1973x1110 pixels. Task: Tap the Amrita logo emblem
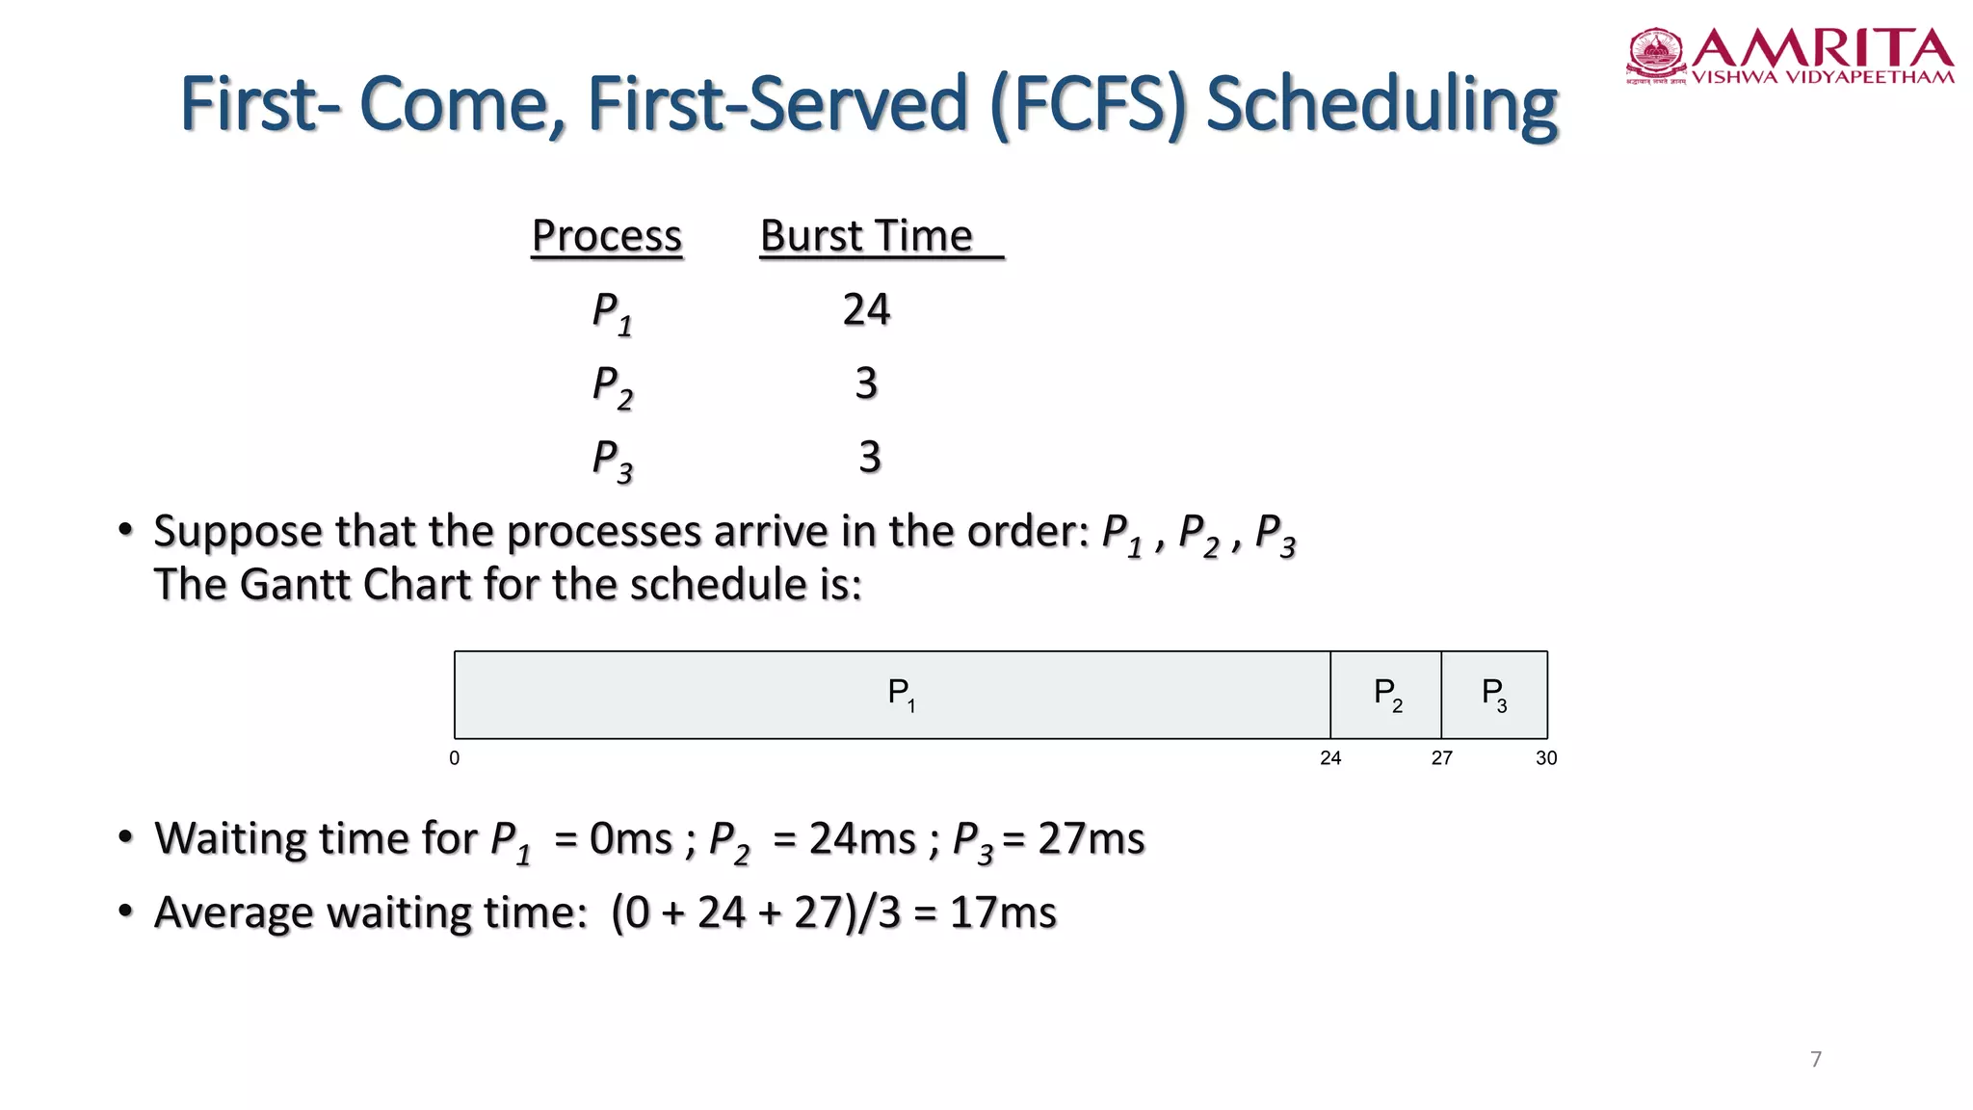pos(1656,54)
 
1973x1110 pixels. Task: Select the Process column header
pos(607,236)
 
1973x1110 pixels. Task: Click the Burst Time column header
pos(867,236)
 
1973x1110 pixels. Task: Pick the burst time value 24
pos(866,310)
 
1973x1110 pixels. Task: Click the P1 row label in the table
pos(611,313)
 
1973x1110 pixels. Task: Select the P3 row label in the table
pos(611,460)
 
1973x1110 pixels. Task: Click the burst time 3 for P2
pos(866,383)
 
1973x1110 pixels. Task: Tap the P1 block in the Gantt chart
pos(892,695)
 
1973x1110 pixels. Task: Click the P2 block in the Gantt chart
pos(1385,695)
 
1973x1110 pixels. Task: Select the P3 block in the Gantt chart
pos(1493,695)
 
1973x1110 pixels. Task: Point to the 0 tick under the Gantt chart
pos(455,758)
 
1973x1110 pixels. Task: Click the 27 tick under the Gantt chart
pos(1441,758)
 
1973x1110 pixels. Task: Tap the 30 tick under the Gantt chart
pos(1546,758)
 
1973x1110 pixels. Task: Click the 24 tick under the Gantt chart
pos(1330,758)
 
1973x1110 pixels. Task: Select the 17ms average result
pos(1003,912)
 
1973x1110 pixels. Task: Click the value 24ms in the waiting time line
pos(862,839)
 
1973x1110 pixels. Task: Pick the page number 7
pos(1816,1059)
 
